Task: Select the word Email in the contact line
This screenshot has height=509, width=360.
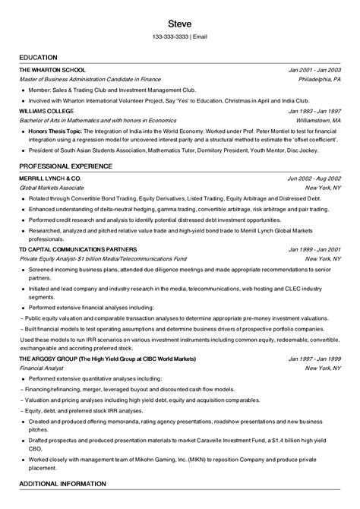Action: [200, 36]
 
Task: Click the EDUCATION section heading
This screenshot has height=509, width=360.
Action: [40, 58]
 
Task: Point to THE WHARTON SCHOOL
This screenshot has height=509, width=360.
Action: [52, 70]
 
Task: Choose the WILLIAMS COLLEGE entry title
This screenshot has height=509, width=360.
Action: [46, 111]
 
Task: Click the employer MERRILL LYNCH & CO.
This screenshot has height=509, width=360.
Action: [50, 177]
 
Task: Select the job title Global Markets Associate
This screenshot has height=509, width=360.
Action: [52, 187]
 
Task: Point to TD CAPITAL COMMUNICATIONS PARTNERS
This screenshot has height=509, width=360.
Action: [78, 248]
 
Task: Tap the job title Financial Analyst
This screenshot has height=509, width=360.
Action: [40, 368]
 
